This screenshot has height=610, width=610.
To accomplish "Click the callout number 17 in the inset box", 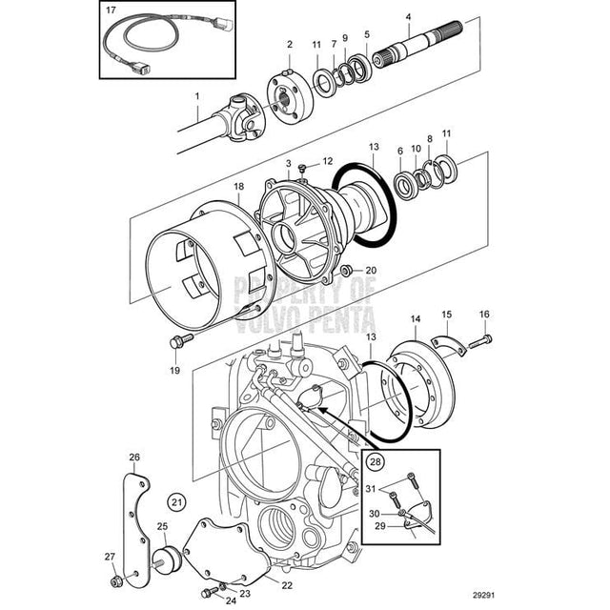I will tap(112, 10).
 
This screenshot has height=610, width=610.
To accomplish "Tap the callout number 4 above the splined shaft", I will tap(408, 16).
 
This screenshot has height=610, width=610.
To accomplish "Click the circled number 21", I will tap(175, 501).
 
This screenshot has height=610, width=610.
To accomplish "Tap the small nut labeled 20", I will tap(346, 271).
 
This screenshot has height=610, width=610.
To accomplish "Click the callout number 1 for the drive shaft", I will tap(197, 96).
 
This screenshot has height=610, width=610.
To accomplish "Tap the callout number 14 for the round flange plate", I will tap(414, 317).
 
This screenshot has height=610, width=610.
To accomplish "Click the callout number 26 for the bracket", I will tap(134, 457).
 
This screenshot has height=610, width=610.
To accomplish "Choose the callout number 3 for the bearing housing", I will tap(287, 164).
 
